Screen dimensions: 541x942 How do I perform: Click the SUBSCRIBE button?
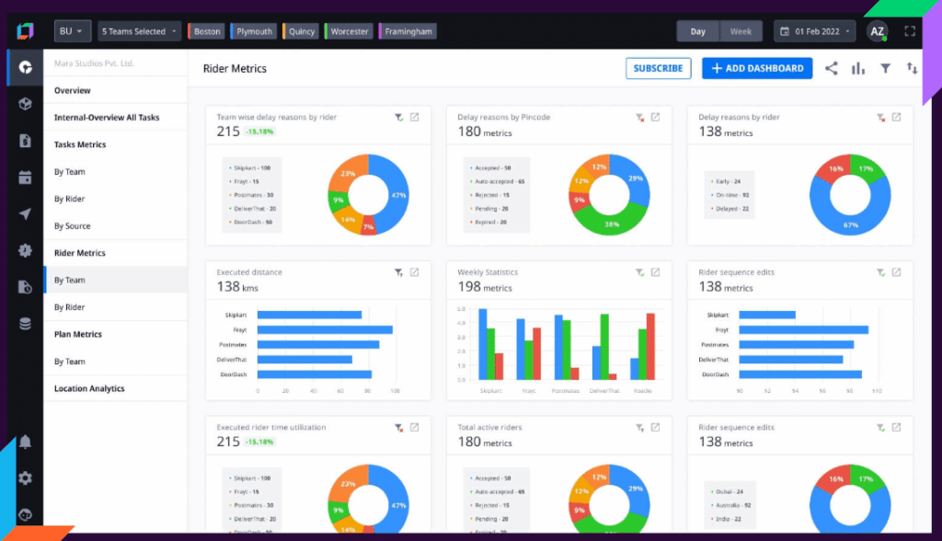658,68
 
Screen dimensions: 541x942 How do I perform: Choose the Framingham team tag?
406,31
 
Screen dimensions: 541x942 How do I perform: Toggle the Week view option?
741,31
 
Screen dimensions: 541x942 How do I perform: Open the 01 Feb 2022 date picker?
814,31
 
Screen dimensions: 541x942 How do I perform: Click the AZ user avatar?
877,31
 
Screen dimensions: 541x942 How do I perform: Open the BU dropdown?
72,31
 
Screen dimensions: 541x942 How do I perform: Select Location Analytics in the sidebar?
89,388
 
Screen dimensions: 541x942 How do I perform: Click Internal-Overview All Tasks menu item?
106,118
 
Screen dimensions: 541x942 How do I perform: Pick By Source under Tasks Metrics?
72,225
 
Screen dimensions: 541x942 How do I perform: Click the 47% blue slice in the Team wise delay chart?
396,194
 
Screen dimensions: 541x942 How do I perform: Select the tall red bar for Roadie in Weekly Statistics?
650,347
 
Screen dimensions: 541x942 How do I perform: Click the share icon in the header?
831,68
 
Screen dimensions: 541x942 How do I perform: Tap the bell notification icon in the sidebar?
25,443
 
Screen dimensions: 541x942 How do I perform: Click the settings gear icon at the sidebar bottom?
25,478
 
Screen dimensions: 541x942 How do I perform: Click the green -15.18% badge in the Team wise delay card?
259,132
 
